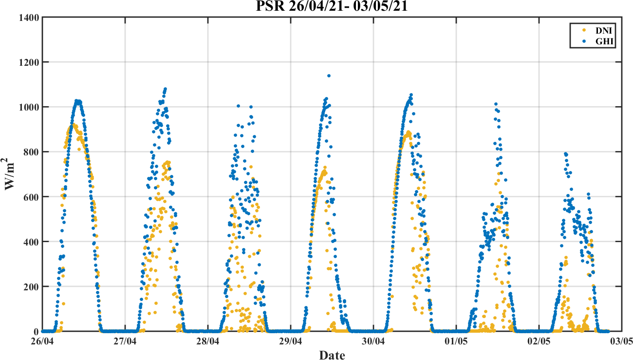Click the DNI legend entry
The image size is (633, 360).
click(602, 30)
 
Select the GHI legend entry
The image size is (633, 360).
click(602, 42)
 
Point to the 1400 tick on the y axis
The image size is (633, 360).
click(30, 18)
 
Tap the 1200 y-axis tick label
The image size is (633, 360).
click(30, 62)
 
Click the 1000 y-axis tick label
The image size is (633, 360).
click(30, 107)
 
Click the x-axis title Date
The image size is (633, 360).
click(332, 354)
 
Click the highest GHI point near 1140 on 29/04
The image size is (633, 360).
click(329, 76)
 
